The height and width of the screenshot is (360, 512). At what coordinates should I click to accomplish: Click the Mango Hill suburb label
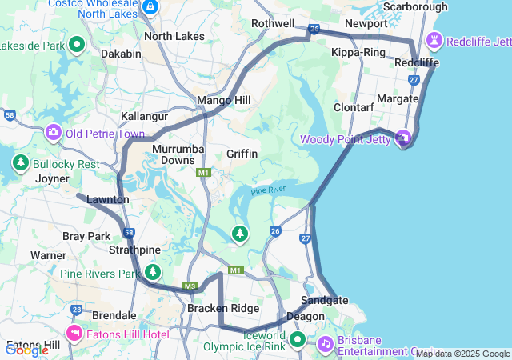(224, 100)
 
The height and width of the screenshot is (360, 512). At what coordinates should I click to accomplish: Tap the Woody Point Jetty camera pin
(403, 138)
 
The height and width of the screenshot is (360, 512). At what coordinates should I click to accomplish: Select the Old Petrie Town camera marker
(54, 131)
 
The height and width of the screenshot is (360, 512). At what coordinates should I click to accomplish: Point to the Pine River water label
(268, 190)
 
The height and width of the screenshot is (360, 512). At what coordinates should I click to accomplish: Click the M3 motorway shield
(190, 286)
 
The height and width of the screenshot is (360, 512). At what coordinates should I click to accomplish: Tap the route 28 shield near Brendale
(76, 310)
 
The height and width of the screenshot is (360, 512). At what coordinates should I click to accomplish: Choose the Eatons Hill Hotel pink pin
(74, 332)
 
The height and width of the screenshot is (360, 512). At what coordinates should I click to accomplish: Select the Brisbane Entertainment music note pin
(325, 343)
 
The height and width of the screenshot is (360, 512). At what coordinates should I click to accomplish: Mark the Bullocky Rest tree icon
(20, 163)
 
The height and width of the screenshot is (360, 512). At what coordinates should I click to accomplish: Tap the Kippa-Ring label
(358, 53)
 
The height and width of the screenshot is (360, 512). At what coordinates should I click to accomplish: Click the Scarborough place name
(414, 6)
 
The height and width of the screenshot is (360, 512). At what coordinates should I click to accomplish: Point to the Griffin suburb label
(242, 153)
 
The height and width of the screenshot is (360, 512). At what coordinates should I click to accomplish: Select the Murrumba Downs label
(178, 154)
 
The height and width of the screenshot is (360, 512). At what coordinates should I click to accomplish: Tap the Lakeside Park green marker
(78, 45)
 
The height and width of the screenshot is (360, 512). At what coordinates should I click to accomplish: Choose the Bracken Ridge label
(223, 308)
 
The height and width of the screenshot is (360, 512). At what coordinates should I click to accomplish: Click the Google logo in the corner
(26, 350)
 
